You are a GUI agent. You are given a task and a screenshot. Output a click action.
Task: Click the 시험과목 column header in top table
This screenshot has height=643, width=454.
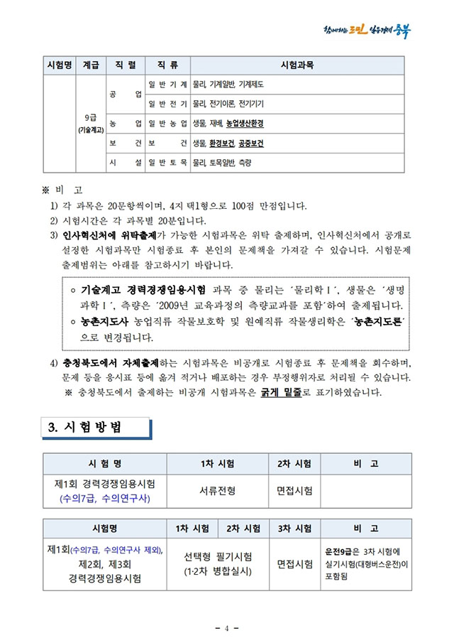[297, 65]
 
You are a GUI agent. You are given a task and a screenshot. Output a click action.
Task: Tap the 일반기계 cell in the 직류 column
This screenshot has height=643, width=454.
[167, 85]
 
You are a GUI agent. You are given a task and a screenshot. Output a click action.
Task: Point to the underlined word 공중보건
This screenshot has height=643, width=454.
[250, 144]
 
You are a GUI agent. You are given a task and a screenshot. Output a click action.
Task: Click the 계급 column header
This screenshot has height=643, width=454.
[91, 65]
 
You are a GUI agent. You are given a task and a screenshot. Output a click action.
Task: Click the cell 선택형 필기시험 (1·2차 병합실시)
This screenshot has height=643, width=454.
[218, 563]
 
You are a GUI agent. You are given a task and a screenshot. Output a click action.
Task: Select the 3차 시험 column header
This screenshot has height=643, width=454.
[294, 529]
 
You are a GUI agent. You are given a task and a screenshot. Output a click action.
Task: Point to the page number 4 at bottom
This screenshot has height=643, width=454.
[226, 628]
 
